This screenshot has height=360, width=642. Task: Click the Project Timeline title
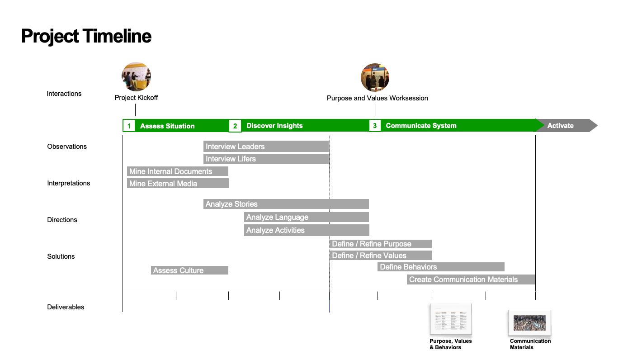(x=86, y=36)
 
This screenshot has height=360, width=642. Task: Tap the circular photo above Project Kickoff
(x=136, y=77)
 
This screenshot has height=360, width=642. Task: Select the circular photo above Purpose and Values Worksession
(x=375, y=78)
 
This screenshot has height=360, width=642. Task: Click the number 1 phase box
(x=129, y=126)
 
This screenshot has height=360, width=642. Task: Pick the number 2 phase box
(x=235, y=126)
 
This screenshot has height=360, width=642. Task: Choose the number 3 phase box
(x=375, y=126)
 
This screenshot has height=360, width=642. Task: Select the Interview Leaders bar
(x=266, y=147)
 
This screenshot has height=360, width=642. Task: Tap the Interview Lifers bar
(x=266, y=159)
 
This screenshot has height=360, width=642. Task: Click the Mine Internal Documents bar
(x=178, y=171)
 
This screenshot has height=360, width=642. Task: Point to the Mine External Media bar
(x=178, y=183)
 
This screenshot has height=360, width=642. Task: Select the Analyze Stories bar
(x=286, y=204)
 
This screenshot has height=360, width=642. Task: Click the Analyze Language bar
(x=307, y=217)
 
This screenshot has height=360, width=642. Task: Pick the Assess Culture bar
(x=189, y=270)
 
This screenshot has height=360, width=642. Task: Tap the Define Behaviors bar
(x=441, y=267)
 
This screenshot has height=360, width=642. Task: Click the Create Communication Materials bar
(x=471, y=279)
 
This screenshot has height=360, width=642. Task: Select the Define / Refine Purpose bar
(x=381, y=244)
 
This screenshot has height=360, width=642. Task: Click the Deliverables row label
(x=66, y=307)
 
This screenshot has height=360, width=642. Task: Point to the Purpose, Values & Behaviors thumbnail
(x=450, y=320)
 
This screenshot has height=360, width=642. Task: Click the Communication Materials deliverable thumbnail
(x=529, y=322)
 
